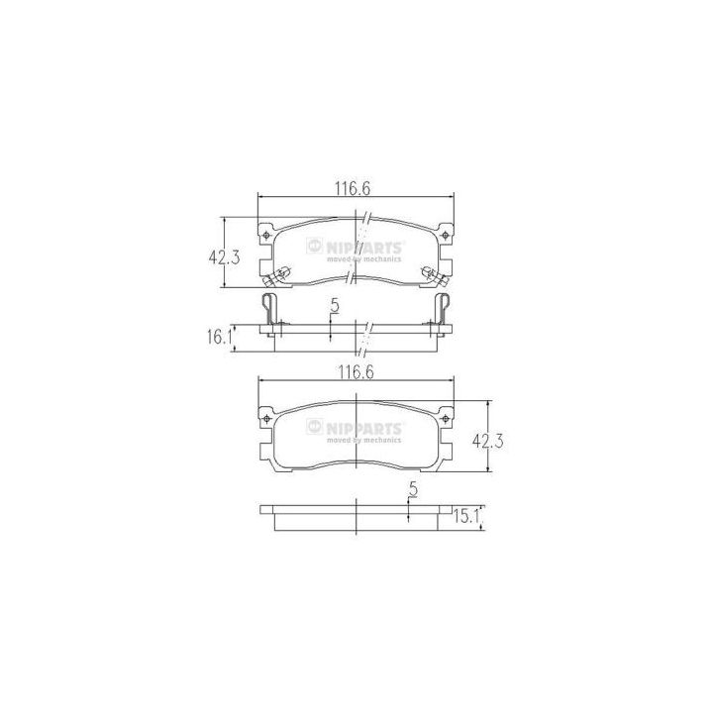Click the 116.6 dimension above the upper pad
coord(353,188)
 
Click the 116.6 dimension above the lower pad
coord(356,372)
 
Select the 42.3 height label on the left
coord(224,257)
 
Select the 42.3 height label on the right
coord(488,441)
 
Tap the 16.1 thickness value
coord(220,338)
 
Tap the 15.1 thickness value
coord(466,517)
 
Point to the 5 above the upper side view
coord(335,306)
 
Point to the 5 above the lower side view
coord(413,489)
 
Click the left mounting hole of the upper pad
coord(266,235)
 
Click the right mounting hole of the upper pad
coord(446,235)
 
